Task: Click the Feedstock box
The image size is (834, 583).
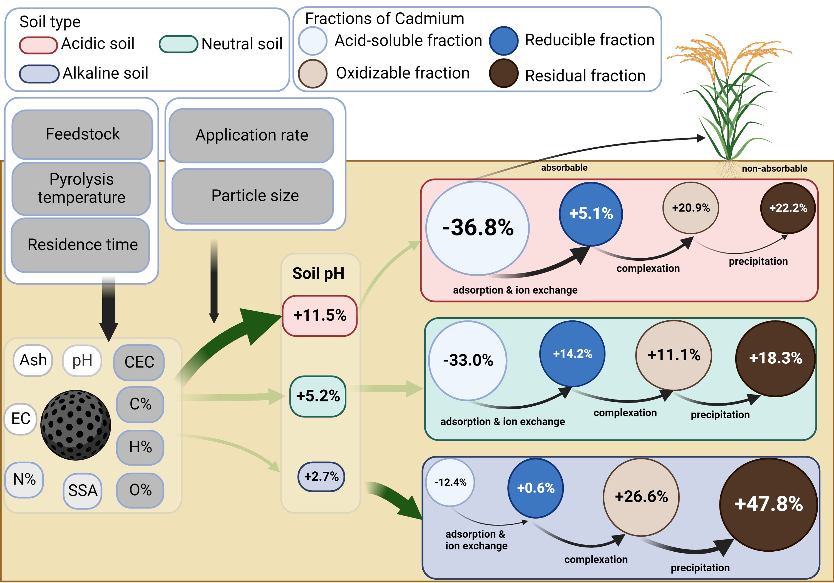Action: (83, 134)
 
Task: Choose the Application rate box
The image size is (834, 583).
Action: (251, 135)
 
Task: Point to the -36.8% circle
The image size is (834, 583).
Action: (477, 228)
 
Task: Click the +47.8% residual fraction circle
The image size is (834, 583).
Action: (768, 504)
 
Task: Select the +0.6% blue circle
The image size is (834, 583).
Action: (535, 488)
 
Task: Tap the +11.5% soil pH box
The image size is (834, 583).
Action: (320, 316)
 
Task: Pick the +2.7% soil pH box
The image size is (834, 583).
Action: (321, 476)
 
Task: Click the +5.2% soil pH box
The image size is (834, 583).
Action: (318, 396)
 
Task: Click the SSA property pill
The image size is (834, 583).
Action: (83, 491)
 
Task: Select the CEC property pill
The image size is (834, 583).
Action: (139, 362)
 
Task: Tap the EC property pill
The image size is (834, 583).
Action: (21, 419)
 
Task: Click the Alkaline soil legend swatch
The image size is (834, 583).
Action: (39, 74)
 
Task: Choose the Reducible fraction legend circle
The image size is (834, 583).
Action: (503, 41)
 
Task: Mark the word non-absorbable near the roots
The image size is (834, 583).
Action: (775, 169)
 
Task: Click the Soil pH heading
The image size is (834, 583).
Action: (318, 273)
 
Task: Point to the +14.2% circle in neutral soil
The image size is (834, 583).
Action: (572, 354)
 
